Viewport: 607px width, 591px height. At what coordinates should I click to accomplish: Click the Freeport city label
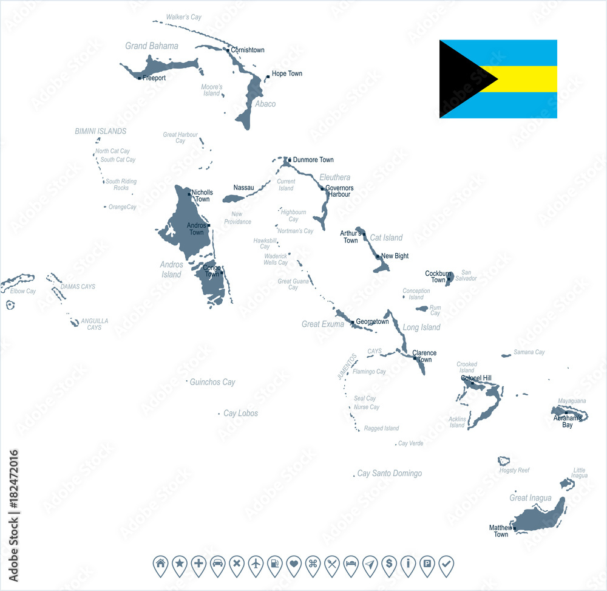tap(154, 78)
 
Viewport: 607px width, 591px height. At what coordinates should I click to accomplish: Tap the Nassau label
tap(243, 188)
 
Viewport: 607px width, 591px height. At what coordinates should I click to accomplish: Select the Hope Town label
tap(287, 74)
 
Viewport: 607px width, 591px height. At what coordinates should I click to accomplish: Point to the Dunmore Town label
tap(313, 160)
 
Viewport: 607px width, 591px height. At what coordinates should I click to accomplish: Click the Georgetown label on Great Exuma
tap(372, 322)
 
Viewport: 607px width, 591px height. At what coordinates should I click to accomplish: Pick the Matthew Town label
tap(501, 531)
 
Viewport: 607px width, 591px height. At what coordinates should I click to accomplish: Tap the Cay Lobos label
tap(240, 414)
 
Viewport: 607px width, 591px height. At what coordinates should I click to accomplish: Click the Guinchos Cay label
tap(212, 383)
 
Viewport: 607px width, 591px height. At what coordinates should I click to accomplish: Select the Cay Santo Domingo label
tap(389, 474)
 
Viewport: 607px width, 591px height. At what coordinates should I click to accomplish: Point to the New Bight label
tap(395, 256)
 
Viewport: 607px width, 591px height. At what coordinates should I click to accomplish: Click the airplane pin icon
tap(256, 564)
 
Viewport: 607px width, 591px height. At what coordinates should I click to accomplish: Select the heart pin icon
tap(294, 564)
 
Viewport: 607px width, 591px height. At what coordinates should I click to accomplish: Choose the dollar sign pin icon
tap(388, 564)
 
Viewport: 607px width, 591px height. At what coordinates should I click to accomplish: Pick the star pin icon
tap(179, 564)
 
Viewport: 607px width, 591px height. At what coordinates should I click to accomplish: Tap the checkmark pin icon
tap(446, 564)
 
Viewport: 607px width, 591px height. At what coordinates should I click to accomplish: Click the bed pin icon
tap(351, 564)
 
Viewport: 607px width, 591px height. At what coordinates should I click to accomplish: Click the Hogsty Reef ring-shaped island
tap(504, 461)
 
